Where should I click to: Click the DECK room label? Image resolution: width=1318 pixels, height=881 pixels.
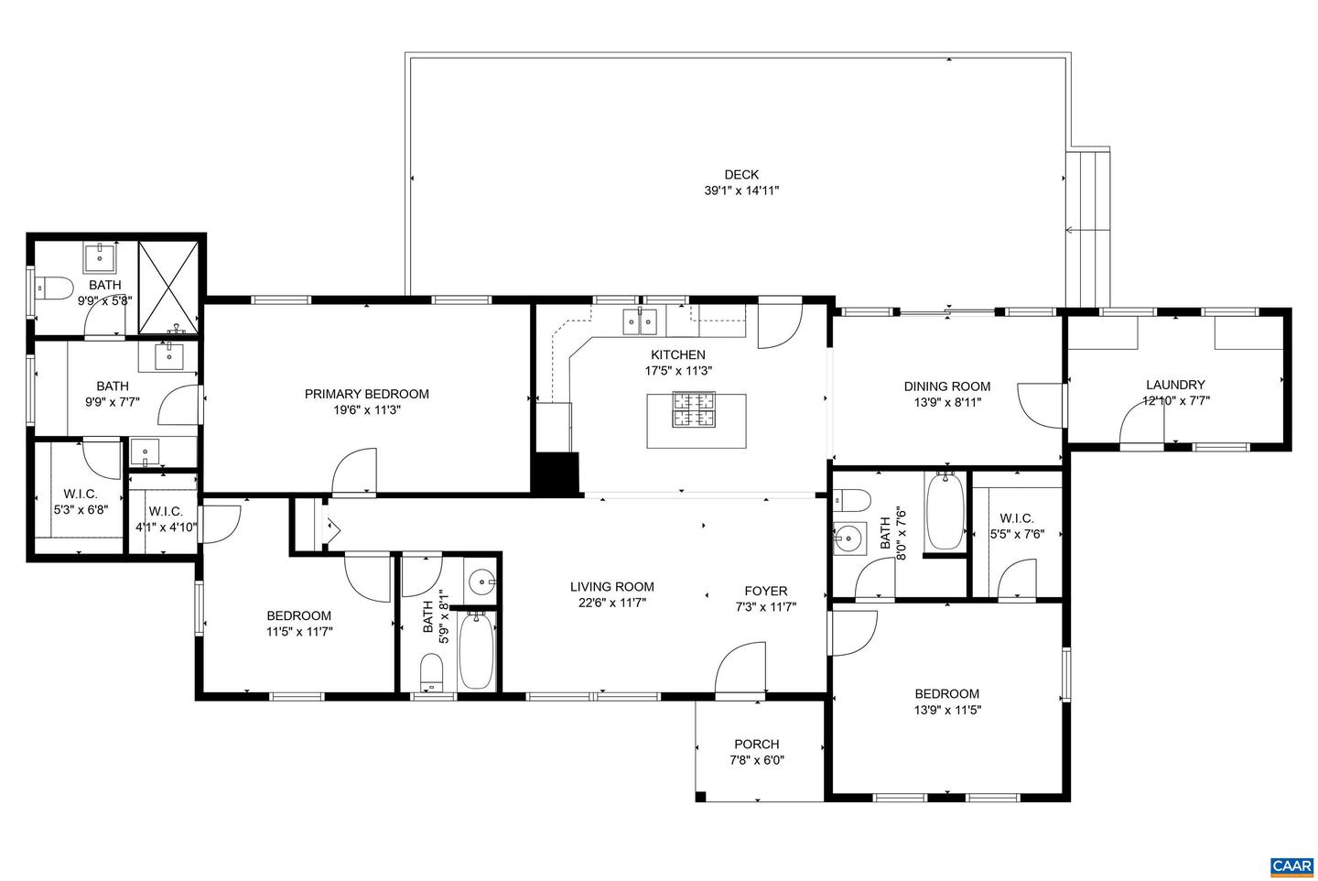coord(741,175)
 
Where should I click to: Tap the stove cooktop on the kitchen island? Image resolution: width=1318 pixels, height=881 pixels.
coord(695,409)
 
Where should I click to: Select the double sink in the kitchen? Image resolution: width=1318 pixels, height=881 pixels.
coord(641,321)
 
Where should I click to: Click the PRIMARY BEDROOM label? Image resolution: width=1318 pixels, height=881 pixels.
coord(366,394)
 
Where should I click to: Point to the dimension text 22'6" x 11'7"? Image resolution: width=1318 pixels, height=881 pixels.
coord(611,603)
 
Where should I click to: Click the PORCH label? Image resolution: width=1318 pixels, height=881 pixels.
coord(756,744)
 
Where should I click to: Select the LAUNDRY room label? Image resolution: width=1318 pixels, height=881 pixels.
coord(1175,385)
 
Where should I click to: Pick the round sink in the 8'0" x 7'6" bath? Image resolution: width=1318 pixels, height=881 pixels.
coord(848,538)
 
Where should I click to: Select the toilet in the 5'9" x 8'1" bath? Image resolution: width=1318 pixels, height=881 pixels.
coord(430,674)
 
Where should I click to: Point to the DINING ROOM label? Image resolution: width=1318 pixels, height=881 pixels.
coord(946,386)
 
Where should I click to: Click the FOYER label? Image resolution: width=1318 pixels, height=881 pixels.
coord(765,591)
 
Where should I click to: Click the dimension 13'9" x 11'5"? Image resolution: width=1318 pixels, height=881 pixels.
coord(946,710)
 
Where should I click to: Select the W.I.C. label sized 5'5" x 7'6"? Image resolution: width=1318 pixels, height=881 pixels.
coord(1016,517)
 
